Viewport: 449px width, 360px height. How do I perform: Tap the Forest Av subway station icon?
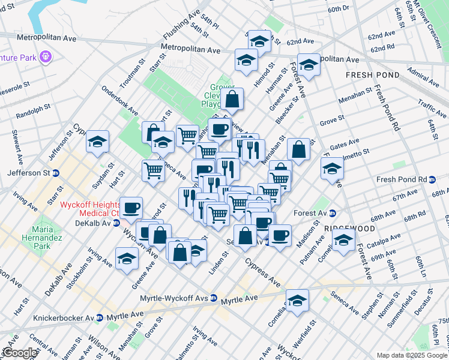(333, 213)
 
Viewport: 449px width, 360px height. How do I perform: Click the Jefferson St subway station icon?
(55, 173)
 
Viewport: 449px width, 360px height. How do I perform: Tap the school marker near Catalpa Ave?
(343, 241)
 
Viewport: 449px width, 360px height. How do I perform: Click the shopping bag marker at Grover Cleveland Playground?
(232, 100)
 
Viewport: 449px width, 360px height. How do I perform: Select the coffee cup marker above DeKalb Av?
(131, 208)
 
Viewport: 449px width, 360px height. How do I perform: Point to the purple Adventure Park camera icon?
(46, 57)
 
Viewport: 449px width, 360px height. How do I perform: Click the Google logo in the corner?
(19, 353)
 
